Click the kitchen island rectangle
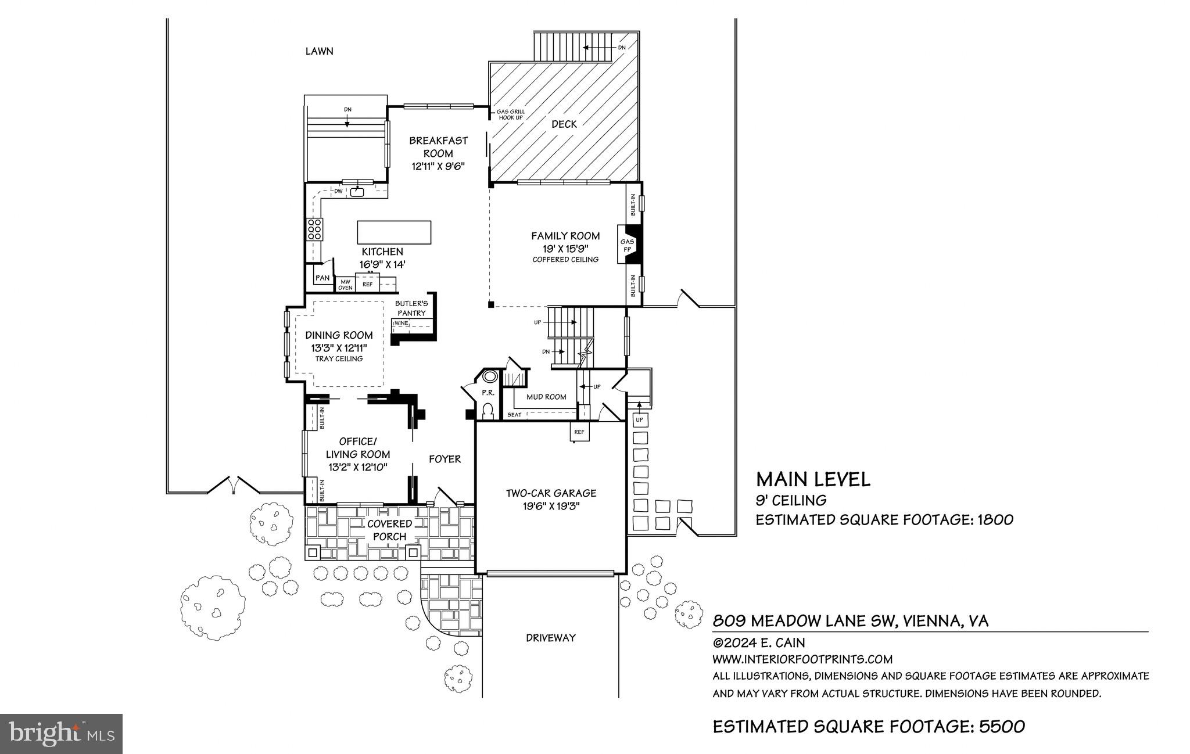394,232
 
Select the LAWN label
320,51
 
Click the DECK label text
564,124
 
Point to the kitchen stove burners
315,229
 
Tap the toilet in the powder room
488,411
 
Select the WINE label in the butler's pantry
402,323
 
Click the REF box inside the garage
579,432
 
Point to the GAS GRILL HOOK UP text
510,114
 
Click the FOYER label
445,459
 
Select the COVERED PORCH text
389,530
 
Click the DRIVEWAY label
550,638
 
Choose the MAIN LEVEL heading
813,479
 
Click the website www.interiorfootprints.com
802,659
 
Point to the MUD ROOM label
546,397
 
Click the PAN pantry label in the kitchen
322,278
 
